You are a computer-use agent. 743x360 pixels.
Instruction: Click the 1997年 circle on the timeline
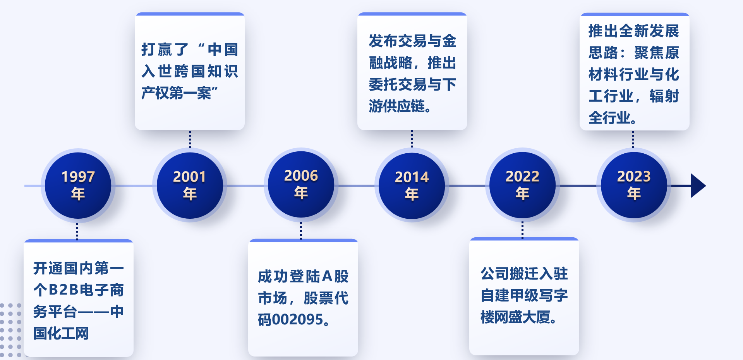[78, 185]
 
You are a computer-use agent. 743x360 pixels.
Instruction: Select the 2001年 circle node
[190, 185]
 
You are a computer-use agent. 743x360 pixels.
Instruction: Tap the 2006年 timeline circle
[301, 185]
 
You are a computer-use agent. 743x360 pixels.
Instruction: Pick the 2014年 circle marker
[412, 186]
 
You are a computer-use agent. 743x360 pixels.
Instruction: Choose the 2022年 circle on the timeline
[522, 185]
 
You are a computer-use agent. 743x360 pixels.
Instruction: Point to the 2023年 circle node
[634, 185]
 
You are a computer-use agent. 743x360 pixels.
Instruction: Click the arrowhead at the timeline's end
[698, 186]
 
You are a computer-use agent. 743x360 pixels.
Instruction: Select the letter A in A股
[327, 276]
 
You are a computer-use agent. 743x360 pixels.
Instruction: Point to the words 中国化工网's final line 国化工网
[61, 333]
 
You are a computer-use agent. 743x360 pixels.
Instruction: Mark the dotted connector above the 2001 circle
[190, 139]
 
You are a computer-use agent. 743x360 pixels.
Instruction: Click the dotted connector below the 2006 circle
[301, 231]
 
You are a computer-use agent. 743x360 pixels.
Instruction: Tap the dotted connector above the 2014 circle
[412, 139]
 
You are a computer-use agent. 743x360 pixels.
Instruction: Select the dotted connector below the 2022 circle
[522, 230]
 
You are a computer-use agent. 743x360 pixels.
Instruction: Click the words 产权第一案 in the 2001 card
[176, 93]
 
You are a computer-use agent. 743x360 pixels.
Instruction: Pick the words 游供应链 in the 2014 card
[397, 106]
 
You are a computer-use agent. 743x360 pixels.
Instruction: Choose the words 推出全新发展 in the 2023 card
[634, 31]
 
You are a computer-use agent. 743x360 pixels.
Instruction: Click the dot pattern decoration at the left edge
[11, 330]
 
